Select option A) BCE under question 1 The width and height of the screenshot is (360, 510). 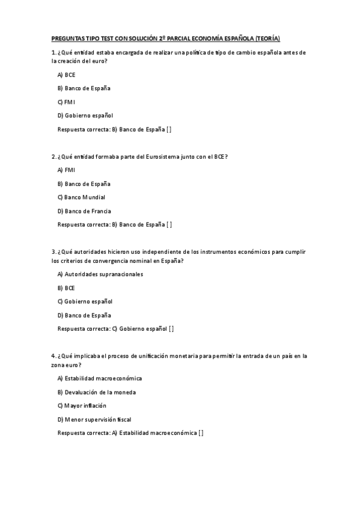pyautogui.click(x=66, y=75)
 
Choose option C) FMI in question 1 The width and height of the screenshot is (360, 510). pyautogui.click(x=66, y=102)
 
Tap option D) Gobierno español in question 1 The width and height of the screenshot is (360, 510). pyautogui.click(x=85, y=115)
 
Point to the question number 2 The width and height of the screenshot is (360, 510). pyautogui.click(x=53, y=156)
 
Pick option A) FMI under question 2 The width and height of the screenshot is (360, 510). pyautogui.click(x=66, y=170)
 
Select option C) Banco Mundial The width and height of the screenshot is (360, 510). pyautogui.click(x=81, y=197)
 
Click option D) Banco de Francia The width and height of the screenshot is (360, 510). pyautogui.click(x=84, y=211)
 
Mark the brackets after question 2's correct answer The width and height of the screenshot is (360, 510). pyautogui.click(x=169, y=225)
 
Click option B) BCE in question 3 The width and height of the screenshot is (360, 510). pyautogui.click(x=66, y=288)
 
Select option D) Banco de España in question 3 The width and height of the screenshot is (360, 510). pyautogui.click(x=84, y=315)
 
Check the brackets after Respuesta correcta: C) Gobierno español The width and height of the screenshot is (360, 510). pyautogui.click(x=171, y=329)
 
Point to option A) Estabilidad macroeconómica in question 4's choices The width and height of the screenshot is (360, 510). pyautogui.click(x=99, y=378)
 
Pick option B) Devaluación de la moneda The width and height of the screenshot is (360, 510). pyautogui.click(x=96, y=392)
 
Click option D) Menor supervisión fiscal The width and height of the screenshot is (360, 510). pyautogui.click(x=94, y=419)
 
